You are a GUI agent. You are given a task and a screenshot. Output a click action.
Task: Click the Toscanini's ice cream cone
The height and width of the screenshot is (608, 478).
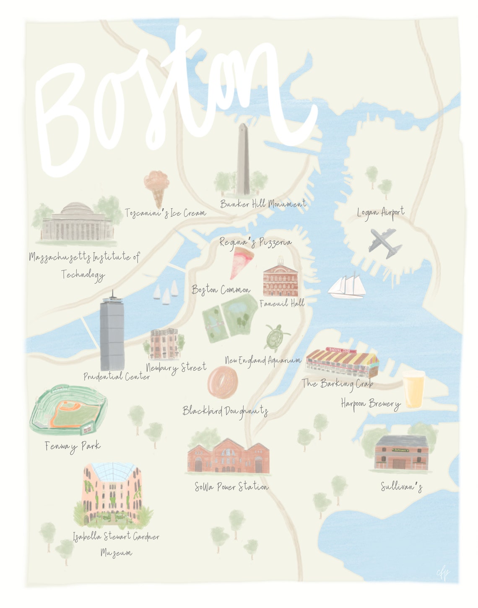tap(157, 187)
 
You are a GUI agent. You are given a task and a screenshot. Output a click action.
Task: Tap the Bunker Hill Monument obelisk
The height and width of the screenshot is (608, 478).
tap(243, 159)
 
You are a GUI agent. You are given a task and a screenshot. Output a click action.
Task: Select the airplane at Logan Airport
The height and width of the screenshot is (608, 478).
tap(385, 243)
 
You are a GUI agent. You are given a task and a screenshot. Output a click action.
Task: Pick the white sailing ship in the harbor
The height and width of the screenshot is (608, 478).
tap(346, 287)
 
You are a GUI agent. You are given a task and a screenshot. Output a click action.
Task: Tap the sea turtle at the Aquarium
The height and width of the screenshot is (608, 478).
tap(275, 337)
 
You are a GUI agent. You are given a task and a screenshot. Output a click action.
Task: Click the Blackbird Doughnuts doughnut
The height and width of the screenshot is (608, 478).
tap(222, 382)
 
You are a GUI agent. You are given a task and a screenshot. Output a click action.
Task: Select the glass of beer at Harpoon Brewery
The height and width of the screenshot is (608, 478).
tap(413, 389)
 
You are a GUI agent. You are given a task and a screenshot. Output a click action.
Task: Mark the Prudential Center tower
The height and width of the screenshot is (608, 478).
tap(112, 333)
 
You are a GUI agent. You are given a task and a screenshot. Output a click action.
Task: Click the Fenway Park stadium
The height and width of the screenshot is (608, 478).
tap(68, 410)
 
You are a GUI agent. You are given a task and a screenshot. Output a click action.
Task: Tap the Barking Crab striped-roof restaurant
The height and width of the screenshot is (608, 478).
tap(342, 362)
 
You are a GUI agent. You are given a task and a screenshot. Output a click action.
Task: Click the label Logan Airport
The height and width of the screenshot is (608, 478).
tap(381, 212)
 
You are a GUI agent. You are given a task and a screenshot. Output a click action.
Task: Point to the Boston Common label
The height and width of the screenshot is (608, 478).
tap(221, 290)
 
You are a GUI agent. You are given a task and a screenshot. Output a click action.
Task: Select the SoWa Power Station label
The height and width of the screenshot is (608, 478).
tap(231, 487)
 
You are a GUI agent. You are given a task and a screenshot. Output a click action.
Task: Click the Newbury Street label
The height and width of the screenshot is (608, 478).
tap(176, 368)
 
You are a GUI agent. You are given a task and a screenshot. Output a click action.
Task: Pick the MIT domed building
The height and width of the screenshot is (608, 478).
tap(77, 223)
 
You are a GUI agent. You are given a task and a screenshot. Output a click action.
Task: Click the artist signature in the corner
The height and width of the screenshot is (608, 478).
tap(442, 573)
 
